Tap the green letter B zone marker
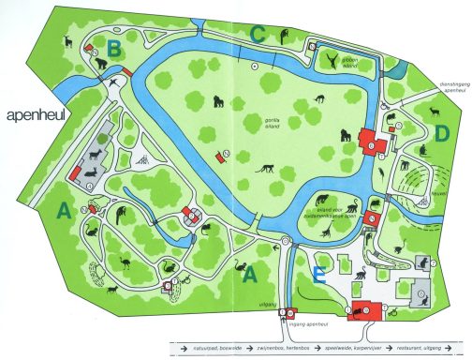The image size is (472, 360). coord(114,46)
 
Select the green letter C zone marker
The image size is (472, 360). coord(258,35)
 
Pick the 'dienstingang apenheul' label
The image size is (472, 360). coord(455,87)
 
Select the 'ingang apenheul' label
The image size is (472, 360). coord(317,322)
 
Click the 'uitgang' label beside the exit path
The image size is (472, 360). coord(265,307)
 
